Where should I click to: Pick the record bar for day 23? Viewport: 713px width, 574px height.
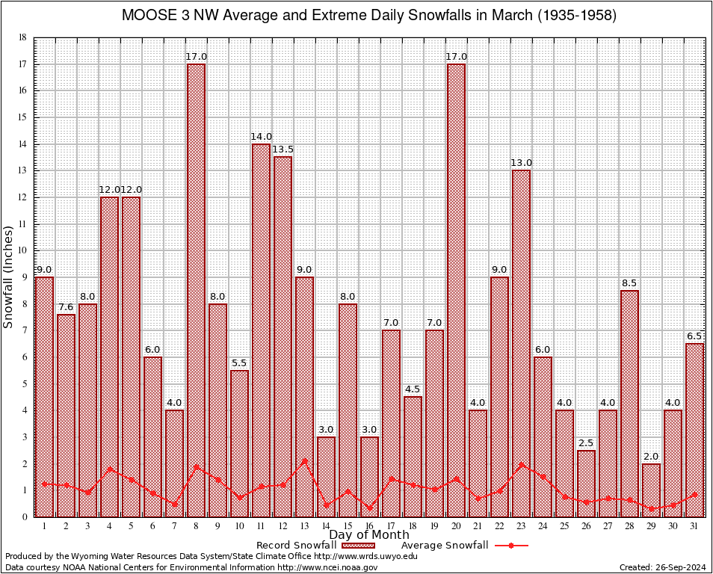coord(521,343)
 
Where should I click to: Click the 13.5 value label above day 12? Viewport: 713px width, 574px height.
coord(283,149)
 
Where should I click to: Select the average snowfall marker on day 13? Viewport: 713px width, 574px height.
coord(304,460)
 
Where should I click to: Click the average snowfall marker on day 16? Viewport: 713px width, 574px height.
coord(369,507)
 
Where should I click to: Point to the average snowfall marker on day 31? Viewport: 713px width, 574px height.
coord(694,494)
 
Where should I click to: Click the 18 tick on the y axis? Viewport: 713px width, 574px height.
coord(22,37)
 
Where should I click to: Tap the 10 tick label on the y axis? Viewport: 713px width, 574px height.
coord(22,250)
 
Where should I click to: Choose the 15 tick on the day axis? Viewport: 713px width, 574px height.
coord(348,525)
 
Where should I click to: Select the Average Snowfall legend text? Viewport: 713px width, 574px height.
coord(445,546)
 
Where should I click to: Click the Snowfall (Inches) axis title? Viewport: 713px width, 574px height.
coord(9,277)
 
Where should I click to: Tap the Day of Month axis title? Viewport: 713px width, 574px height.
coord(369,535)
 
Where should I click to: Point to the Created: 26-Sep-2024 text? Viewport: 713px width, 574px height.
coord(661,567)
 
